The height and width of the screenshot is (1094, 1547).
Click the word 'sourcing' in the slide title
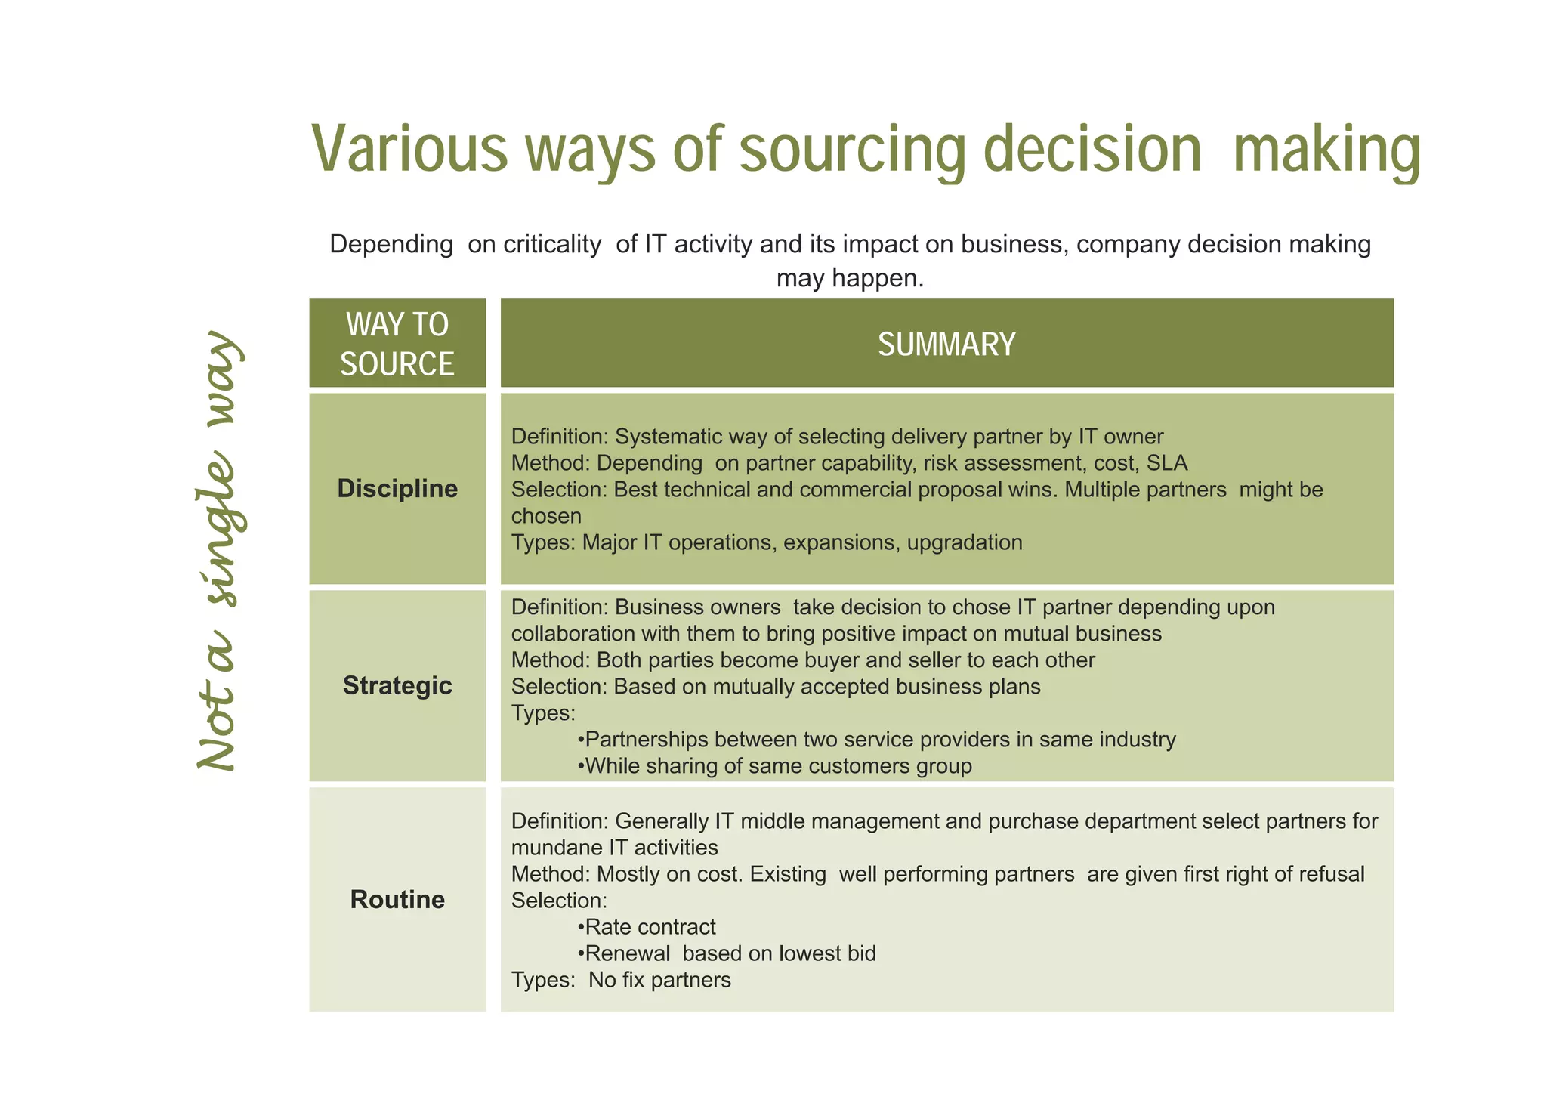tap(852, 150)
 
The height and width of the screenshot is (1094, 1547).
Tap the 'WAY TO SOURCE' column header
tap(397, 344)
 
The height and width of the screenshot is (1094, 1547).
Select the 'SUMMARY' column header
tap(946, 345)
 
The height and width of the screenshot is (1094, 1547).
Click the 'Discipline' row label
tap(397, 489)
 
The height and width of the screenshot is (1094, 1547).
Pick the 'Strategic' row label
tap(397, 686)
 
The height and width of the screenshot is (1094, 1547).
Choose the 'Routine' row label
tap(397, 900)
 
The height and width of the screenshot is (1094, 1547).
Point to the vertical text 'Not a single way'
tap(219, 552)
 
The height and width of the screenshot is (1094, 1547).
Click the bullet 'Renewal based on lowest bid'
tap(730, 953)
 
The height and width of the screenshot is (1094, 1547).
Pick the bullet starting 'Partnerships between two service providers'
tap(879, 740)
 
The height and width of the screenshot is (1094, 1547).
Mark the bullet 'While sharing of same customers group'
tap(777, 766)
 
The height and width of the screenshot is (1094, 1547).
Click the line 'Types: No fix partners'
tap(621, 981)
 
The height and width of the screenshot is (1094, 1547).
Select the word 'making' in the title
tap(1326, 150)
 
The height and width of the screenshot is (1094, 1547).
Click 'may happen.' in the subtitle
tap(850, 279)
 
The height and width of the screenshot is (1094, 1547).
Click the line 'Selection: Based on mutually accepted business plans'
tap(776, 687)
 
